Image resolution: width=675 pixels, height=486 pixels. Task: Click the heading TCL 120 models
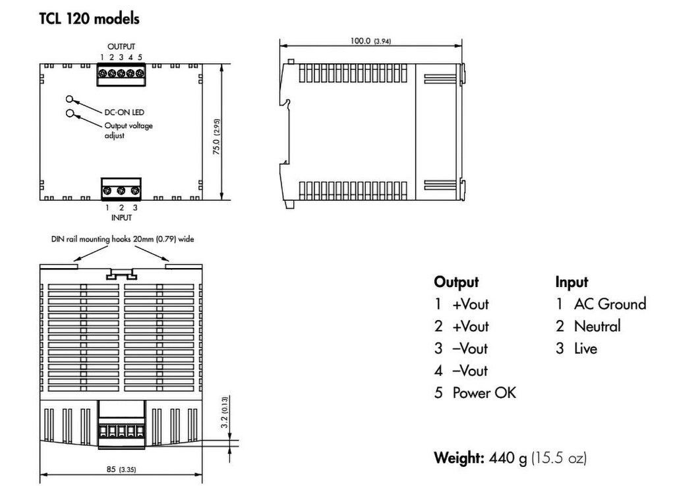(x=90, y=19)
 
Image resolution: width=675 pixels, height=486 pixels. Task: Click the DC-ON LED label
(x=124, y=112)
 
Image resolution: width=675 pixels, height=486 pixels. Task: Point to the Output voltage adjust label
(x=128, y=130)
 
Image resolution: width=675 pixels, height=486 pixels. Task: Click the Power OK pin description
(x=484, y=393)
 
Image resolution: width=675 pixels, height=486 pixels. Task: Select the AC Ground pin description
(x=609, y=304)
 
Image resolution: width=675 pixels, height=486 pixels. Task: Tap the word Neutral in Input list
(x=597, y=326)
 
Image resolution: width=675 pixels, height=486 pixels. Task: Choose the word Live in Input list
(x=585, y=348)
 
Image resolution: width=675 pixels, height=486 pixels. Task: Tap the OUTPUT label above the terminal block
(x=121, y=47)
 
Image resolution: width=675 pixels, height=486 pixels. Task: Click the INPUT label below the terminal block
(x=121, y=217)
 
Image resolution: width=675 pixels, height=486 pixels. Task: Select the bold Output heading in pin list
(x=456, y=282)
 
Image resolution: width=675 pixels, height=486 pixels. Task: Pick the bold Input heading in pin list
(x=572, y=282)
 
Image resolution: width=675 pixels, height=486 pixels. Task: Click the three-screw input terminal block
(x=121, y=190)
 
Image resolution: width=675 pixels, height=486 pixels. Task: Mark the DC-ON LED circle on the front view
(x=70, y=99)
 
